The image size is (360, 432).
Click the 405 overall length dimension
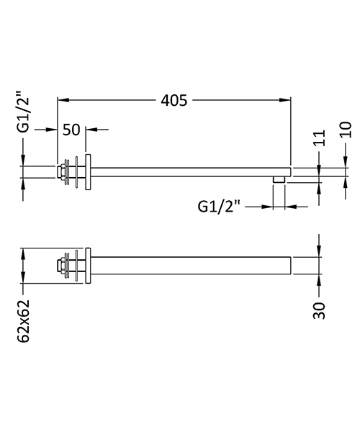tap(173, 101)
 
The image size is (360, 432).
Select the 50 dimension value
tap(71, 130)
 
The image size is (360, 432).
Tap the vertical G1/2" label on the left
tap(24, 112)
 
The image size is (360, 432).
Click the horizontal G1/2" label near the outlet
tap(220, 207)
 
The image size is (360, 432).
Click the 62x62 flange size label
tap(24, 318)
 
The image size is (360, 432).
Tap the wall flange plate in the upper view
tap(89, 172)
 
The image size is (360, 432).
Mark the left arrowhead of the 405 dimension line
tap(61, 101)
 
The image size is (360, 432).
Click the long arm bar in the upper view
tap(187, 172)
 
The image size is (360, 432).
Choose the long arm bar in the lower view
tap(187, 266)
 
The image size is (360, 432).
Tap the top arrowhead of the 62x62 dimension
tap(24, 253)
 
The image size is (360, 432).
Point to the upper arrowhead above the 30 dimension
tap(319, 251)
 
